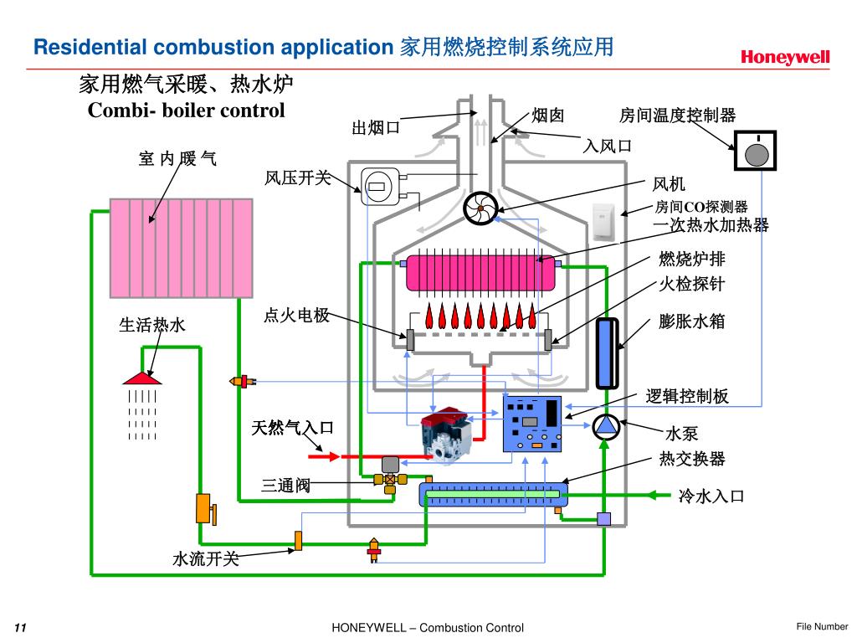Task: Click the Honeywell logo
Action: coord(785,58)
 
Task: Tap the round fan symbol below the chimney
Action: coord(480,208)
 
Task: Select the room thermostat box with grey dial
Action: coord(755,151)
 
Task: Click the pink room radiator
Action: coord(182,248)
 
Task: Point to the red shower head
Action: coord(142,378)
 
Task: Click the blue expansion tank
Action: coord(607,353)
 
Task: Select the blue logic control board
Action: coord(531,424)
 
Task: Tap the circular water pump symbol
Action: coord(605,426)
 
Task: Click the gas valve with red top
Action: coord(445,435)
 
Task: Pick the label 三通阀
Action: coord(285,485)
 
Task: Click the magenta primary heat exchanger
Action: coord(480,274)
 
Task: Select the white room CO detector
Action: coord(603,221)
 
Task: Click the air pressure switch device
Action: coord(381,187)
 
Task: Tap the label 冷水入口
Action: coord(711,496)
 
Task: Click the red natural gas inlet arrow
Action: coord(324,456)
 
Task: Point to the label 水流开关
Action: coord(206,558)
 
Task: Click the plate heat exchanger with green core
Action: coord(494,494)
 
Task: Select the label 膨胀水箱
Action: coord(691,321)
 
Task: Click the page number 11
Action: coord(20,627)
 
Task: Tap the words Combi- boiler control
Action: coord(187,111)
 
